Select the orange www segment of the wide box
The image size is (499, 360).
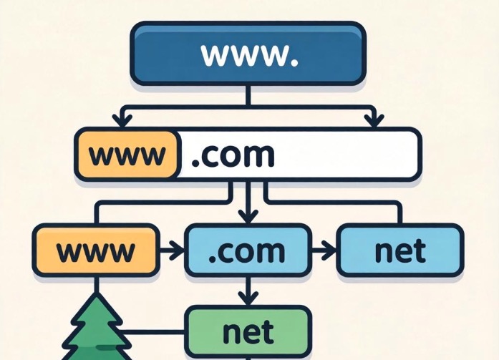click(x=127, y=154)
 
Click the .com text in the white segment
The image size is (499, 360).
click(x=233, y=154)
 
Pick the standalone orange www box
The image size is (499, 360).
click(x=96, y=250)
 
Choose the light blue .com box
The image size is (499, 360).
click(x=248, y=250)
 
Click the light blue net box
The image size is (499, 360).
click(x=399, y=250)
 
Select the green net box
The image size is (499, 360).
click(x=248, y=331)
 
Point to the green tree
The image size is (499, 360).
click(x=93, y=329)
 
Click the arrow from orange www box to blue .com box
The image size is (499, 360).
click(x=172, y=250)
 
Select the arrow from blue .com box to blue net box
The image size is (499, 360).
click(x=324, y=250)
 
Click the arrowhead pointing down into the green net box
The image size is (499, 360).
click(x=248, y=298)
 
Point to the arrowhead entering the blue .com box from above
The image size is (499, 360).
click(x=248, y=216)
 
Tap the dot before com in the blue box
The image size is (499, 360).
click(x=214, y=258)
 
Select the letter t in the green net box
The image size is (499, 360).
click(x=268, y=331)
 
